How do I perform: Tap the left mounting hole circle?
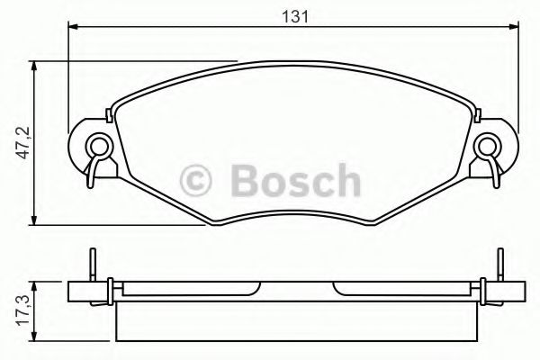tap(98, 143)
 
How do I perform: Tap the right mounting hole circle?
tap(489, 143)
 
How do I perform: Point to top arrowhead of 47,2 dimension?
tap(34, 66)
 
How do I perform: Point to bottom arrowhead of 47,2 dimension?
tap(34, 220)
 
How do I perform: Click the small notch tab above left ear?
tap(110, 114)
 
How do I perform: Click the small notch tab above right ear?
tap(478, 114)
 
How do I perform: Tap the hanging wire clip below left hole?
tap(94, 171)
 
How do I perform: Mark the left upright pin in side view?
tap(93, 265)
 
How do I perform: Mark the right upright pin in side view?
tap(494, 265)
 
